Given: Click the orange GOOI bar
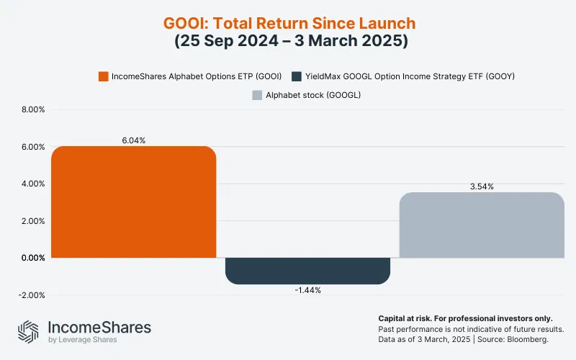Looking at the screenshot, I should pyautogui.click(x=134, y=202).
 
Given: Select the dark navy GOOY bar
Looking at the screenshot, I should pyautogui.click(x=308, y=271).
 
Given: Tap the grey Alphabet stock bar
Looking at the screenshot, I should pyautogui.click(x=482, y=225).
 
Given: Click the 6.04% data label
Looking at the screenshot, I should pyautogui.click(x=134, y=140).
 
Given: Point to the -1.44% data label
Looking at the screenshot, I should pyautogui.click(x=308, y=290).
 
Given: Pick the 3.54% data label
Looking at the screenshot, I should pyautogui.click(x=482, y=186).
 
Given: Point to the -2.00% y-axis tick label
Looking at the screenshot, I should pyautogui.click(x=32, y=295).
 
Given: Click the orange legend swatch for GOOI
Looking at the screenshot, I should pyautogui.click(x=103, y=76).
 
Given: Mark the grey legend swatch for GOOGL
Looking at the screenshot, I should pyautogui.click(x=256, y=94).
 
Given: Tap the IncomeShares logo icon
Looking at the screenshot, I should pyautogui.click(x=29, y=332).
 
